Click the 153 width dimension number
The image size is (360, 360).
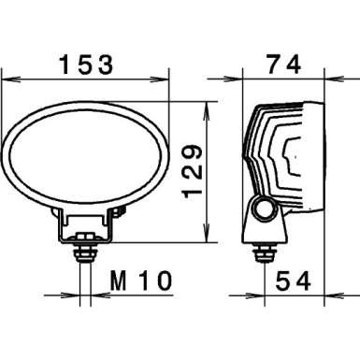pos(86,65)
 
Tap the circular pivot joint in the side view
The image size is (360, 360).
pos(266,209)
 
